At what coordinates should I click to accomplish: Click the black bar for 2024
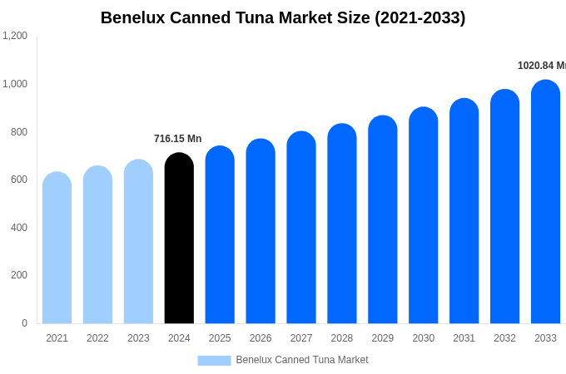point(179,239)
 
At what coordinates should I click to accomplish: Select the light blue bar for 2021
point(57,249)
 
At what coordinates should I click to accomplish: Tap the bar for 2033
point(545,203)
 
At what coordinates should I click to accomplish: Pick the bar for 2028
point(342,224)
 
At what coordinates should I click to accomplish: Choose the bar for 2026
point(261,232)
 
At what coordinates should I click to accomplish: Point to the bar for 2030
point(423,216)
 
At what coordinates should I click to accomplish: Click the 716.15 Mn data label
point(177,139)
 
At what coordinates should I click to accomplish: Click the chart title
point(283,17)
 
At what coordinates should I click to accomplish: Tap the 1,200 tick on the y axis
point(15,36)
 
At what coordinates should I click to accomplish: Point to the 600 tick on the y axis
point(18,180)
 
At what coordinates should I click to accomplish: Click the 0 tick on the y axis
point(24,323)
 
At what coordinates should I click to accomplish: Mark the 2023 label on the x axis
point(138,338)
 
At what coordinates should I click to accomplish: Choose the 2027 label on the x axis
point(301,338)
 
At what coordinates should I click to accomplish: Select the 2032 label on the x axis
point(504,338)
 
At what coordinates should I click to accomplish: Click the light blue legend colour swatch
point(214,361)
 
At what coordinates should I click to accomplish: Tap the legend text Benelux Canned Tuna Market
point(302,360)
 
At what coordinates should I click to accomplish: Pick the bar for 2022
point(97,245)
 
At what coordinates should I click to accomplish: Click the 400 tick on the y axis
point(18,228)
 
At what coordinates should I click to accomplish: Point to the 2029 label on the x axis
point(383,338)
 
